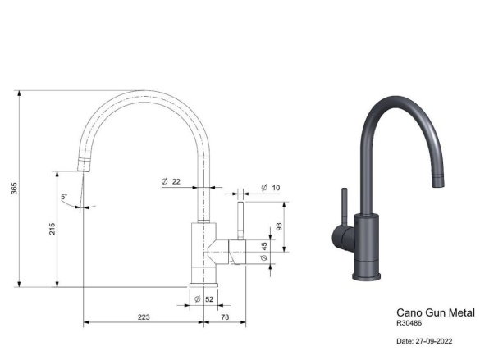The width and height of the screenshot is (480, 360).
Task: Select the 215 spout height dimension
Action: [52, 229]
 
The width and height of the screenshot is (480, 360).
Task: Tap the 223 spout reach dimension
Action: [143, 317]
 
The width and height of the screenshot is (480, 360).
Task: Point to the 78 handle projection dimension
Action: [224, 317]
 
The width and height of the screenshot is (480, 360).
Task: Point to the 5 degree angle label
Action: [63, 197]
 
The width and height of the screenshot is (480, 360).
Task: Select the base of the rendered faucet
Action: [367, 271]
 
